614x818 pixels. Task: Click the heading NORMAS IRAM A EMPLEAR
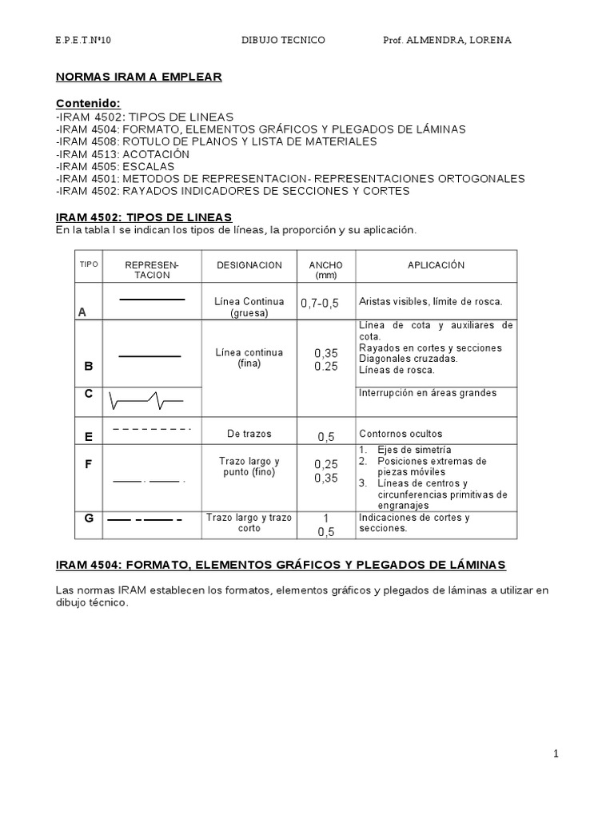pos(138,77)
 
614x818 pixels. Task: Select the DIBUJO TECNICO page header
pos(283,40)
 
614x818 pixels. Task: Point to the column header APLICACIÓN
pos(436,265)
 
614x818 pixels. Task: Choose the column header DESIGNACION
pos(249,265)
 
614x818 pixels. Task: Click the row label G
pos(89,518)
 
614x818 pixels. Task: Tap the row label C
pos(89,393)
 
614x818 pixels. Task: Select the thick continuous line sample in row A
pos(152,300)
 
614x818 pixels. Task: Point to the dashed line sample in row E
pos(152,429)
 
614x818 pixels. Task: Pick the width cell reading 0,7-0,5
pos(320,304)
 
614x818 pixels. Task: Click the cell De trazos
pos(249,434)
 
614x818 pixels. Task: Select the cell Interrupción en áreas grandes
pos(428,392)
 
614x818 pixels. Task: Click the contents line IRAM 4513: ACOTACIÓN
pos(122,153)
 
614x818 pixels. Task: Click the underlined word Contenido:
pos(88,104)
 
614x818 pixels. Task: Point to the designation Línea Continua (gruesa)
pos(249,307)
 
